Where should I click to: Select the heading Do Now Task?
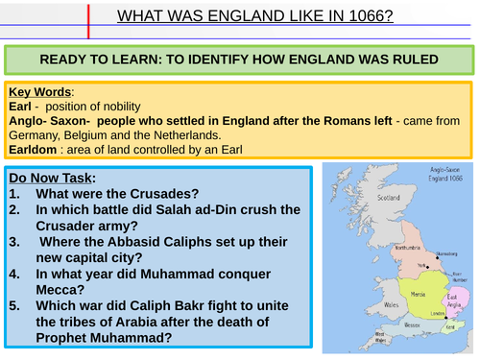pos(56,178)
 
